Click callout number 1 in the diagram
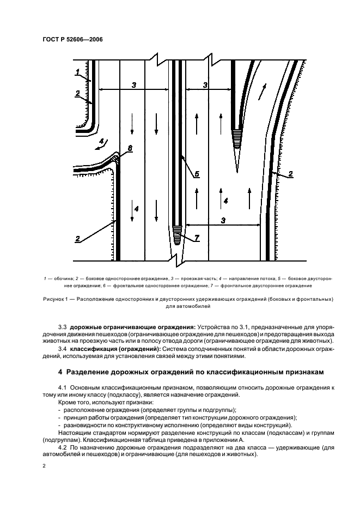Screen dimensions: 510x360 point(78,72)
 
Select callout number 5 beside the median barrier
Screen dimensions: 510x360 point(197,174)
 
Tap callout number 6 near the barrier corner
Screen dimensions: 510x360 point(129,149)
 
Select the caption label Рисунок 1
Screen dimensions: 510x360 point(57,299)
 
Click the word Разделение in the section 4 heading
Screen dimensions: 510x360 point(88,372)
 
